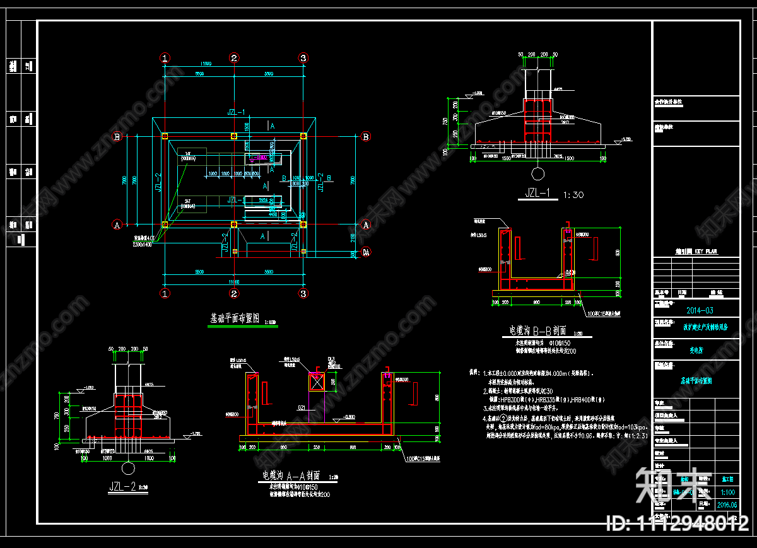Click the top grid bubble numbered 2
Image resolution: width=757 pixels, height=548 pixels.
(234, 58)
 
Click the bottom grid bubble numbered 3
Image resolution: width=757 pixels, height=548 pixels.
(303, 294)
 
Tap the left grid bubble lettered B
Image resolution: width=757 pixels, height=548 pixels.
(117, 136)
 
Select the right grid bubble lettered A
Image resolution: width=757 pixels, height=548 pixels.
(365, 224)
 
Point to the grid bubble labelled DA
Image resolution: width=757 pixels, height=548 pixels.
(365, 252)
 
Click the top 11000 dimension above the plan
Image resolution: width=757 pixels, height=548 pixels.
(205, 64)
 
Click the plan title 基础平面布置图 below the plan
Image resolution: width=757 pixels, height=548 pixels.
(235, 319)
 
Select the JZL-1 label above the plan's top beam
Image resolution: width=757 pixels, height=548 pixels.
(237, 112)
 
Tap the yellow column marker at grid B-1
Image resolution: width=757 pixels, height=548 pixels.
(165, 136)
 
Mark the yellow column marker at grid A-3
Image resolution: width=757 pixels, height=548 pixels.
(303, 224)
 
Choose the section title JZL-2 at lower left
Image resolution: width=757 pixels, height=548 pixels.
(124, 486)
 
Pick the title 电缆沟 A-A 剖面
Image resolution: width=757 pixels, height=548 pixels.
(291, 475)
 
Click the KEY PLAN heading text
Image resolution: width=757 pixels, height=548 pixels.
(696, 252)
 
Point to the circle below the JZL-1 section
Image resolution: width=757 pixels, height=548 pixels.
(537, 173)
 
